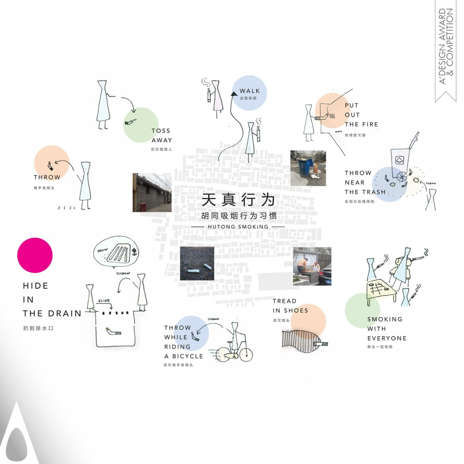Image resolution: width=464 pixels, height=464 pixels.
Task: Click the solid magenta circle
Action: [x=35, y=255]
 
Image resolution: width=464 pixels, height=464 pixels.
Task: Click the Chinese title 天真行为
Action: [x=238, y=200]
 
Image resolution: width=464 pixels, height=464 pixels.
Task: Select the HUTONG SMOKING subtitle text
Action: [x=237, y=227]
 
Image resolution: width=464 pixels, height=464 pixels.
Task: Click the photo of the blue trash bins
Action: [x=308, y=168]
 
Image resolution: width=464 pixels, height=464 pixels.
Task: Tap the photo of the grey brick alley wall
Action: [x=152, y=192]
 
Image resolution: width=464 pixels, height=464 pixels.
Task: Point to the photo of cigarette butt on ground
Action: [x=197, y=263]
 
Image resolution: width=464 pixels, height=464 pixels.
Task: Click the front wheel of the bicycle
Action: [x=244, y=354]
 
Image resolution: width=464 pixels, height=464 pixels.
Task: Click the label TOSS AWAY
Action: [x=161, y=135]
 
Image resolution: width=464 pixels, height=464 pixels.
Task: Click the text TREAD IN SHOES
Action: [x=290, y=306]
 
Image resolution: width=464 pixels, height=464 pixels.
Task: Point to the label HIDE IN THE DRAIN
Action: [x=52, y=299]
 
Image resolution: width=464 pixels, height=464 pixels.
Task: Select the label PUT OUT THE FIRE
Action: [x=361, y=115]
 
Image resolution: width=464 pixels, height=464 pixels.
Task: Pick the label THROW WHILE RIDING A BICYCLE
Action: [x=183, y=342]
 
